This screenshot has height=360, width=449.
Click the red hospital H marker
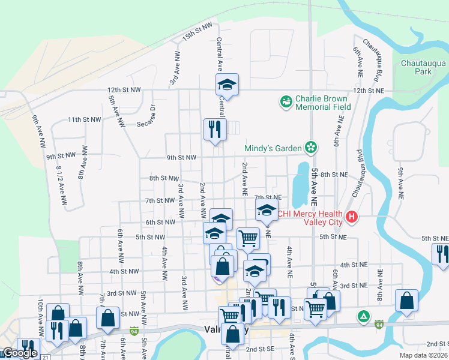[x=353, y=217]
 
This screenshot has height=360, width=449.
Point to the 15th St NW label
[x=197, y=37]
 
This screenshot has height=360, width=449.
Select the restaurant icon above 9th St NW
[x=214, y=128]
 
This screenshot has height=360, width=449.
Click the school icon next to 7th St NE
[x=266, y=210]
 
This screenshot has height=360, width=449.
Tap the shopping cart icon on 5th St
[x=248, y=238]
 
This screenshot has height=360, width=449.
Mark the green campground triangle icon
[x=363, y=316]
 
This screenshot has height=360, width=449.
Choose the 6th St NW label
[x=160, y=222]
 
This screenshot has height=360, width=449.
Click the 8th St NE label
[x=334, y=175]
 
